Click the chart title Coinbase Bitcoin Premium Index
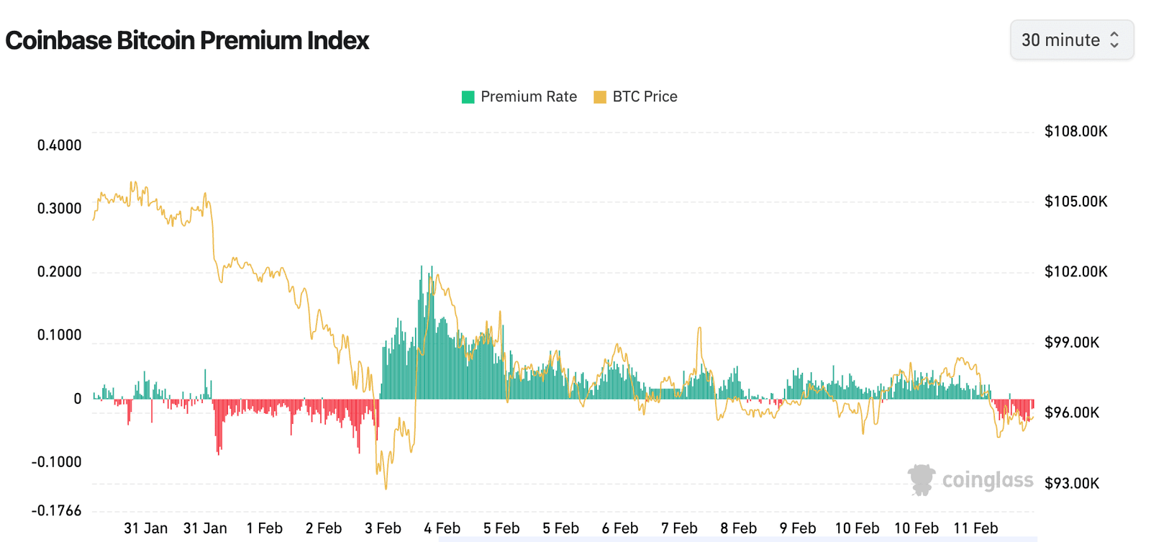(187, 40)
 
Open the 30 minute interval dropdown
(1071, 40)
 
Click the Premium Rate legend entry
(519, 96)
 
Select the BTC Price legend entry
(636, 96)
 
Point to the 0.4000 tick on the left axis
(59, 145)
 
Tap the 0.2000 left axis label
(59, 272)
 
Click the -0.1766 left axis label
(56, 511)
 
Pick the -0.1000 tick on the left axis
(56, 462)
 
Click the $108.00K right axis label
(1075, 132)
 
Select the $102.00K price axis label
(1075, 272)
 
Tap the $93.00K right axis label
(1072, 484)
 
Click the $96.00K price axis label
(1072, 413)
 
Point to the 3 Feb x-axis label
(383, 528)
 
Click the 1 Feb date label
(264, 528)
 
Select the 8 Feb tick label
(738, 528)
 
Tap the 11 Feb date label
(975, 528)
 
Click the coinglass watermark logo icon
(921, 479)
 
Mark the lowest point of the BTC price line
(386, 489)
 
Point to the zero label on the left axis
(78, 399)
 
